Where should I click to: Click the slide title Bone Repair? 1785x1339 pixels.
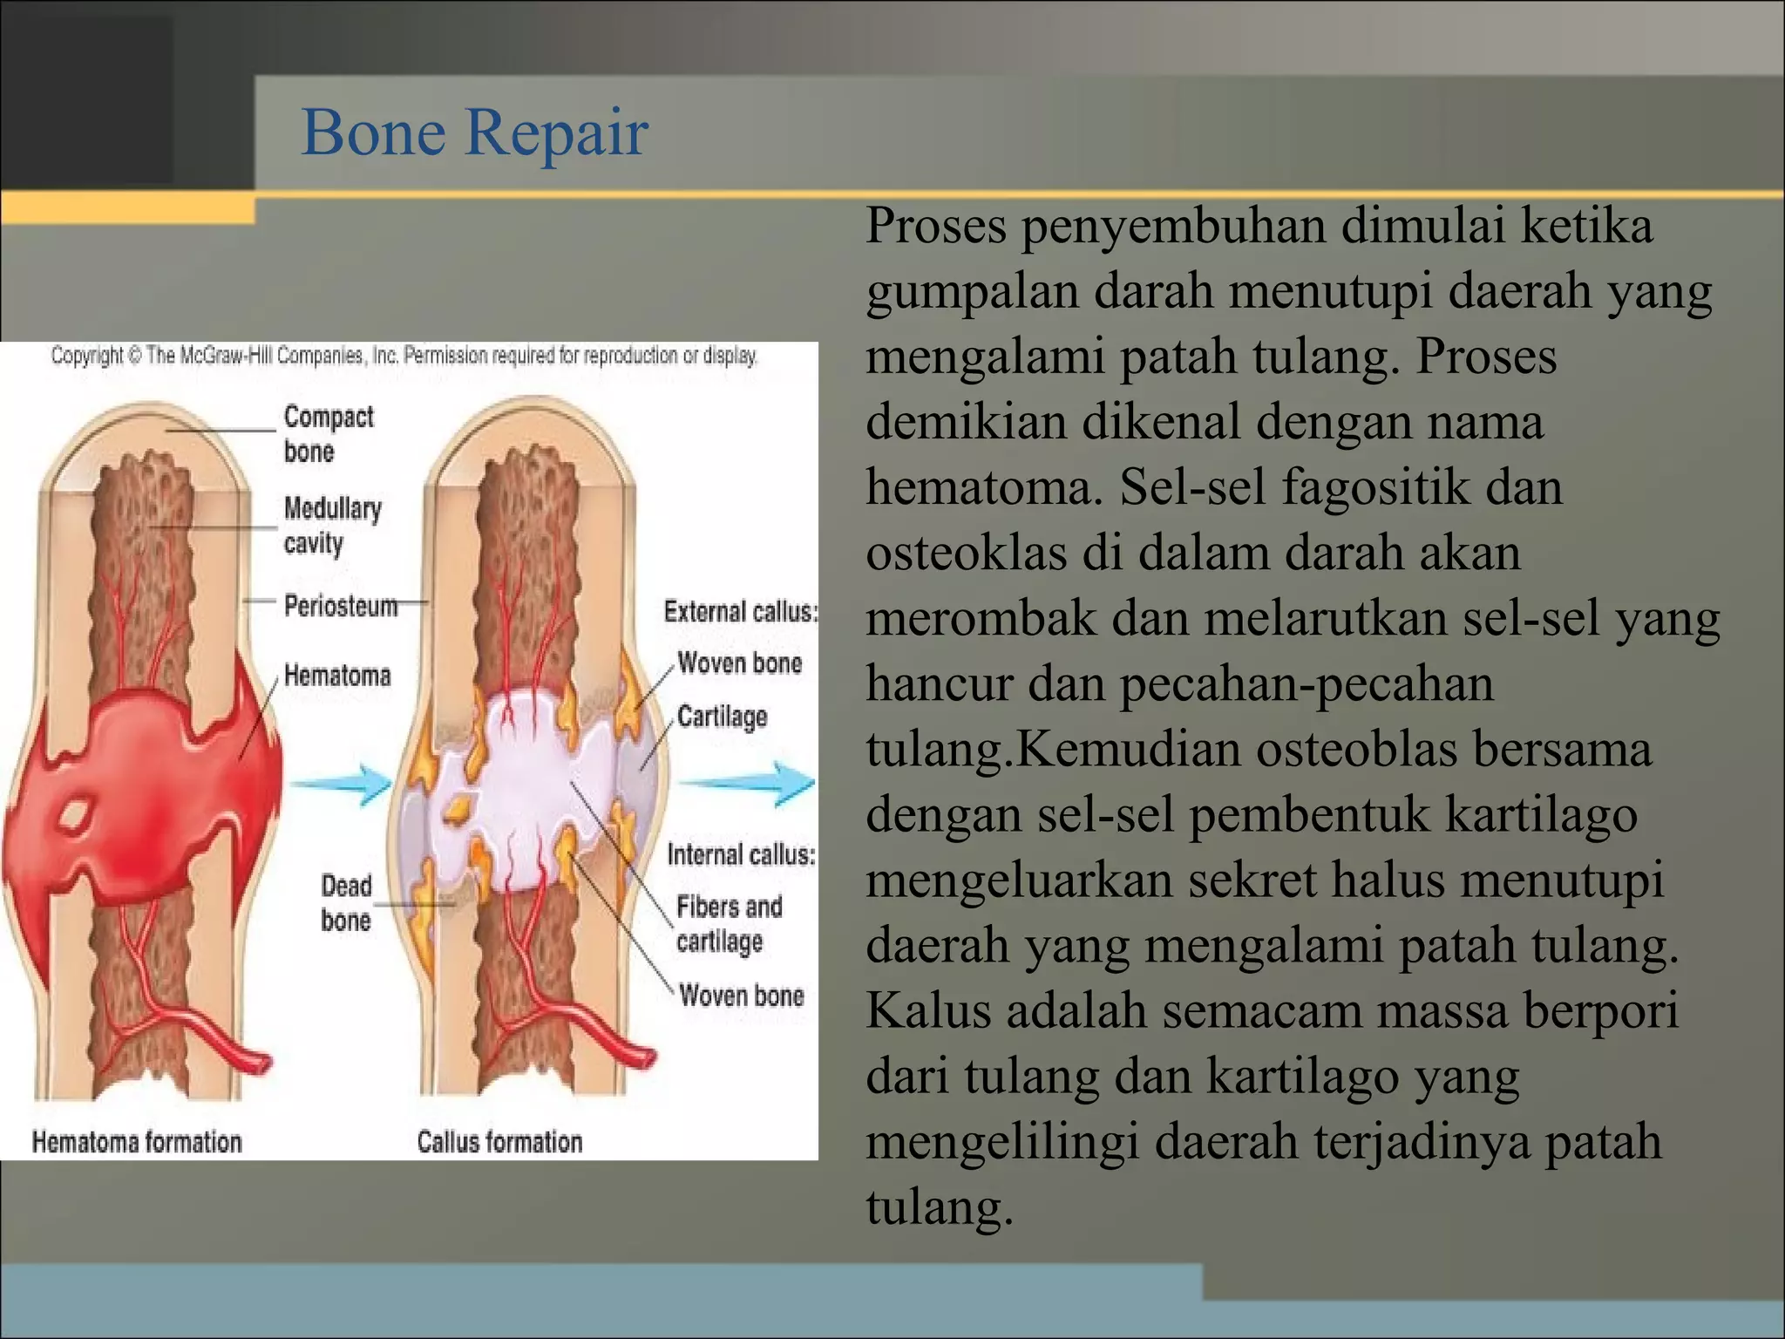(474, 133)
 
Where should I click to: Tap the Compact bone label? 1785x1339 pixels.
(328, 434)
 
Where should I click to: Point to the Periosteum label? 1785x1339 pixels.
(341, 606)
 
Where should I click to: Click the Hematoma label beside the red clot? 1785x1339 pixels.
(337, 676)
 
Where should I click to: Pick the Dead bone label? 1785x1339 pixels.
(346, 903)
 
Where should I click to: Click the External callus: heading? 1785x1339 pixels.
(740, 612)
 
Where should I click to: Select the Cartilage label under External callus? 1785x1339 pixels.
(722, 717)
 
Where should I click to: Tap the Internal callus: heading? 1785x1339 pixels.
(741, 854)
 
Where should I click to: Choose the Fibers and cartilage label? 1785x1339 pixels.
(729, 924)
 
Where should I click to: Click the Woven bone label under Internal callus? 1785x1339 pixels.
(741, 996)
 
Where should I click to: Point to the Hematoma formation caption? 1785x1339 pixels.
(137, 1142)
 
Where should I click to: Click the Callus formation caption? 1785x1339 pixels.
(499, 1142)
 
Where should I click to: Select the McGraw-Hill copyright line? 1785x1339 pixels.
(404, 356)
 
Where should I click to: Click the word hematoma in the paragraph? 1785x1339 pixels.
(984, 486)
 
